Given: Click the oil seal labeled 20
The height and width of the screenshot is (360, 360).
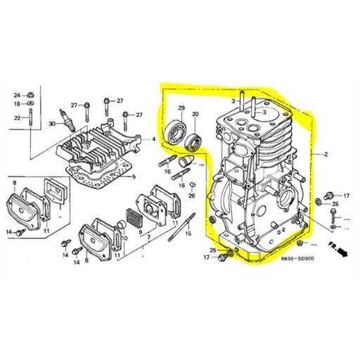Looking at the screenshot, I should coord(193,143).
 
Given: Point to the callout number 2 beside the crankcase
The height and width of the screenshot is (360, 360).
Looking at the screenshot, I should coord(326,153).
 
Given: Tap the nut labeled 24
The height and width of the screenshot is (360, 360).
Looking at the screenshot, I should coord(32,94).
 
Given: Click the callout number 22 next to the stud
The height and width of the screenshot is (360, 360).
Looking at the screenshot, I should coord(16,118).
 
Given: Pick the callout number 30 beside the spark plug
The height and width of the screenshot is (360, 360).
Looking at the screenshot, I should coord(52,124).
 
